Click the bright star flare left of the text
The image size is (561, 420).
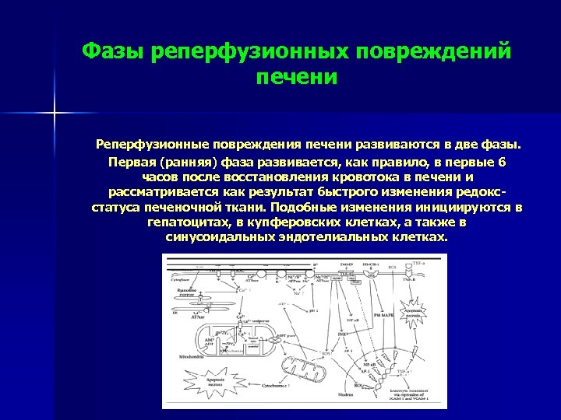[x=55, y=114]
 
